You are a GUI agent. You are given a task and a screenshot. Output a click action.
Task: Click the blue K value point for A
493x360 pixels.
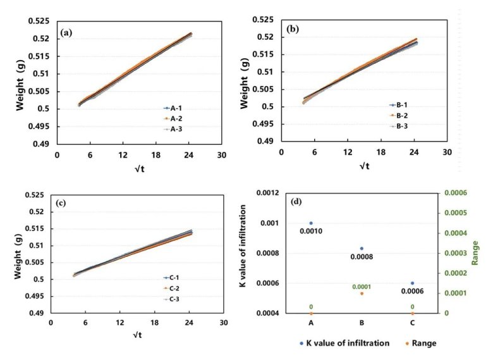(311, 223)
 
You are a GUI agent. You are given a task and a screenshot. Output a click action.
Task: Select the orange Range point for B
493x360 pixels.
(362, 294)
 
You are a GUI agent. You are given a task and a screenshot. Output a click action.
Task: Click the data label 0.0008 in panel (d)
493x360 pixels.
(362, 257)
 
